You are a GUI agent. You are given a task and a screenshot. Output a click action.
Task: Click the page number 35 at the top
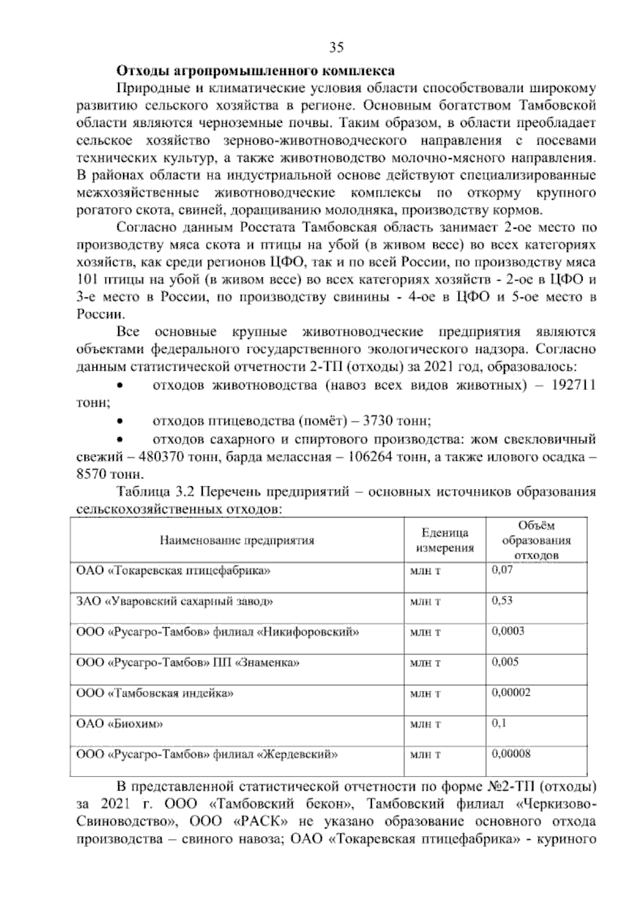(x=336, y=48)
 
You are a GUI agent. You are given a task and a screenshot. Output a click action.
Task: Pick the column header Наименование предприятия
(x=237, y=540)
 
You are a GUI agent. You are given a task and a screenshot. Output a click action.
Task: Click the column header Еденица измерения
(x=445, y=540)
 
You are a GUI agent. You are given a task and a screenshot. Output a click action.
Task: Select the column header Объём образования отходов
(x=536, y=540)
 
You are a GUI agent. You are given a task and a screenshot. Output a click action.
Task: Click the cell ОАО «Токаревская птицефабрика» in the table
(x=174, y=570)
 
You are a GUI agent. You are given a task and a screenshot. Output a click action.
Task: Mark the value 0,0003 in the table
(x=508, y=631)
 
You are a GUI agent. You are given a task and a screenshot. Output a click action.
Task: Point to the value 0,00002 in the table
(x=511, y=693)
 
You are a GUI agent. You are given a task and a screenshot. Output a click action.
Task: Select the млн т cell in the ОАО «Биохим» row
(x=425, y=725)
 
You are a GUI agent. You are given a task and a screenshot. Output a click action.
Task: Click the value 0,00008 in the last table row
(x=511, y=754)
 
